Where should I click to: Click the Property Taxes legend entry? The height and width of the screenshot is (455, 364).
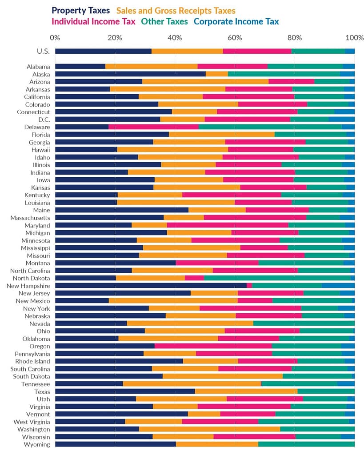click(80, 11)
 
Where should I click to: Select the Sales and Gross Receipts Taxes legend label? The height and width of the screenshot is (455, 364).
click(176, 11)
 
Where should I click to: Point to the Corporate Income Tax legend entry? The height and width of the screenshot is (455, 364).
click(236, 21)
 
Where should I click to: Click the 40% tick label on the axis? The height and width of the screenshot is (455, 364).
click(175, 37)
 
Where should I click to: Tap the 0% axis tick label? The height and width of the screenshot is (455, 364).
click(55, 37)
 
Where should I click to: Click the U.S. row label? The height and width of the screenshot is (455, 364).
click(43, 51)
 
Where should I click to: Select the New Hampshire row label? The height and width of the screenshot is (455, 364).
click(28, 286)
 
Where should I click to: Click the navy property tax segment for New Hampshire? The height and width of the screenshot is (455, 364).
click(151, 286)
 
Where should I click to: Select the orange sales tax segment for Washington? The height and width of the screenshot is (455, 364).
click(209, 429)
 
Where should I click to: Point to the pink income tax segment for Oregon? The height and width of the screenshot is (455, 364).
click(213, 346)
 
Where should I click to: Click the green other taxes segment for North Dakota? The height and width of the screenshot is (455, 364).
click(277, 278)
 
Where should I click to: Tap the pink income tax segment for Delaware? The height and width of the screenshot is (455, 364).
click(153, 127)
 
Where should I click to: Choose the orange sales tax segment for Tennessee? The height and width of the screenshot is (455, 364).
click(192, 384)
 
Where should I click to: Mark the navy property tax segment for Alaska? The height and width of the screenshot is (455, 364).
click(130, 74)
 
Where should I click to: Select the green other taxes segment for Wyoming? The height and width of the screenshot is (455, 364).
click(306, 444)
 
